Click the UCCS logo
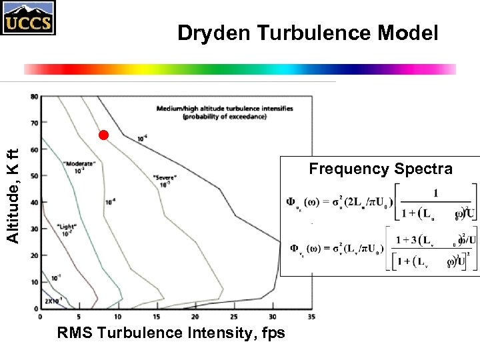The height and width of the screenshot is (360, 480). (28, 18)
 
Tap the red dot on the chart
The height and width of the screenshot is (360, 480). (103, 135)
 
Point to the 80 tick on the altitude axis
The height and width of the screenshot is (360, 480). (33, 97)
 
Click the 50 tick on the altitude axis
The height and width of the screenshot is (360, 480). (33, 176)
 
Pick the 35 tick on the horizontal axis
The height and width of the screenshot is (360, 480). (311, 316)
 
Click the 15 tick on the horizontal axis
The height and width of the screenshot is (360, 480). (157, 316)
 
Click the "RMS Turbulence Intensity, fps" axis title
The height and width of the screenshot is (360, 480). (171, 333)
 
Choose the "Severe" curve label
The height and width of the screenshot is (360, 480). (164, 178)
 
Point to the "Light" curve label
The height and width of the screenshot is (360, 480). (66, 227)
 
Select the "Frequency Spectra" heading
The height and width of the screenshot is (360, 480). (380, 169)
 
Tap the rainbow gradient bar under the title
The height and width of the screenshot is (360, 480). (240, 69)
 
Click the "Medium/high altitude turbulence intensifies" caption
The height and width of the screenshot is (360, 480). (225, 109)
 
